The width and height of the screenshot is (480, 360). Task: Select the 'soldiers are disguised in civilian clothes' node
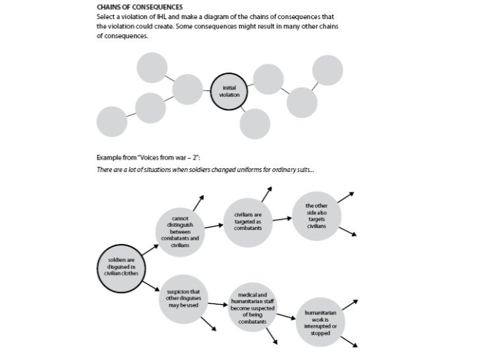[121, 265]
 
